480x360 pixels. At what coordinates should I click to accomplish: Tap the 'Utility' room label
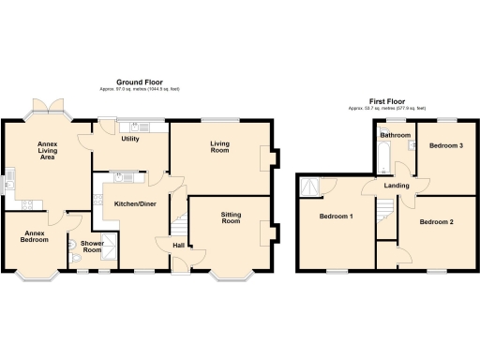pos(130,139)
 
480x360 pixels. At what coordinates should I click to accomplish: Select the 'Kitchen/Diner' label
pos(136,203)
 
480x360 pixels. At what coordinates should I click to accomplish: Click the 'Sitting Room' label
pos(231,217)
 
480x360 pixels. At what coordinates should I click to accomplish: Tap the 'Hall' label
pos(177,247)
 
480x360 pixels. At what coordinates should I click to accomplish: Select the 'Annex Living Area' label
pos(46,150)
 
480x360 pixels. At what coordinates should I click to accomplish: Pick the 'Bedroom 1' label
pos(337,217)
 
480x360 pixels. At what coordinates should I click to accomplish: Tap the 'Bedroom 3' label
pos(445,146)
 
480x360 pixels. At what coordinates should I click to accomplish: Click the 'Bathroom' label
pos(395,135)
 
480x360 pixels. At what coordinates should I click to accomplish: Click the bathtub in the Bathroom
pos(382,157)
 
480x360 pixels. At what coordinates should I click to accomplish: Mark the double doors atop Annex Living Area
pos(43,105)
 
